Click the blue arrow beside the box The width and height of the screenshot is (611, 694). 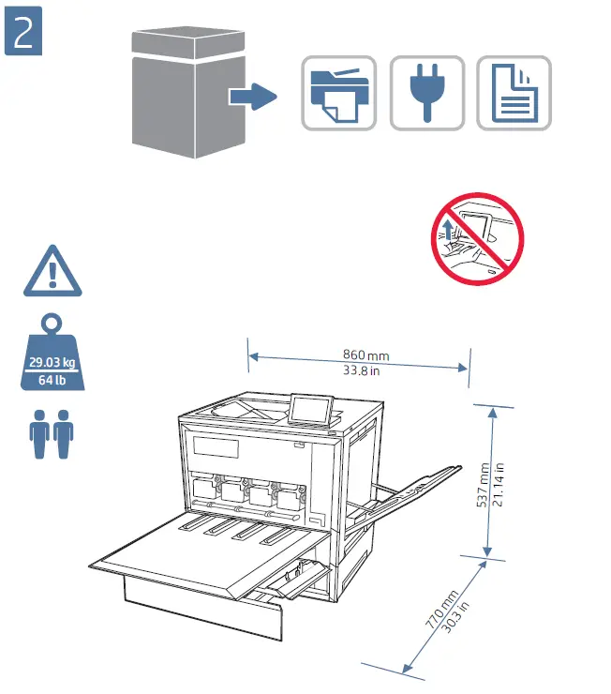[250, 95]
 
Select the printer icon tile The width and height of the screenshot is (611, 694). [338, 93]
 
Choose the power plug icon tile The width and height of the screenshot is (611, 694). [426, 93]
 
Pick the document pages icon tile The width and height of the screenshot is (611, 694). [514, 93]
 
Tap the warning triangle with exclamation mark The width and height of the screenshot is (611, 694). [53, 271]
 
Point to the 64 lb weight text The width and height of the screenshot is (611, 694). [53, 380]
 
